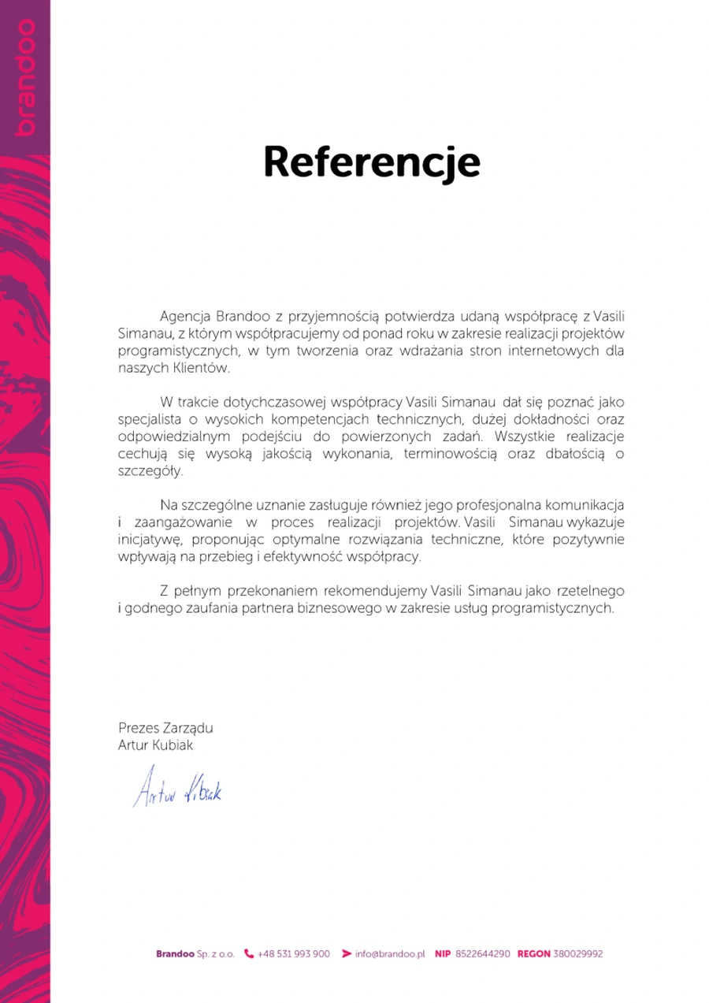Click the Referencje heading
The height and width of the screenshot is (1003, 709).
tap(371, 162)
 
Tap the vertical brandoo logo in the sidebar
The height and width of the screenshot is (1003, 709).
tap(24, 77)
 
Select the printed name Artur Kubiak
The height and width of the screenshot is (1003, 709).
tap(155, 745)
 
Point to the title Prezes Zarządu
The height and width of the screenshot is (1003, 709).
tap(165, 728)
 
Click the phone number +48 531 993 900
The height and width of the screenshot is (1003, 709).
tap(293, 953)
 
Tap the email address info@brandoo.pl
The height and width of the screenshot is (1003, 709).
tap(390, 953)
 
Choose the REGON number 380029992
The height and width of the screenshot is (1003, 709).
tap(577, 953)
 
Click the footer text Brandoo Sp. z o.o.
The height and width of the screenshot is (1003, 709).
tap(195, 953)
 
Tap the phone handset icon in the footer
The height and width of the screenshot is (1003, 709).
tap(249, 953)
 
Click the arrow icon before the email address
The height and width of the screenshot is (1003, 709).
tap(347, 953)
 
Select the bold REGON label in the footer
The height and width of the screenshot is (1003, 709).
tap(533, 953)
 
